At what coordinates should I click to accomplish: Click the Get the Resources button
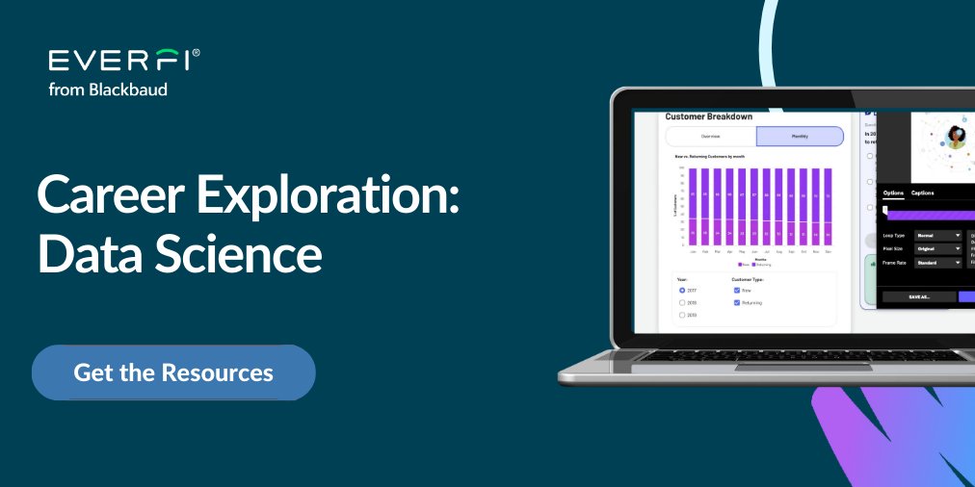click(x=173, y=372)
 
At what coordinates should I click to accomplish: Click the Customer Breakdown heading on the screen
click(x=709, y=116)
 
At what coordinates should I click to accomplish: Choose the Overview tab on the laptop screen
click(x=710, y=137)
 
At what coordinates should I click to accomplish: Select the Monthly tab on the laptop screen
click(x=799, y=137)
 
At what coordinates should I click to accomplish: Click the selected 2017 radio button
click(x=682, y=289)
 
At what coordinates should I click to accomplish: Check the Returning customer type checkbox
click(x=737, y=302)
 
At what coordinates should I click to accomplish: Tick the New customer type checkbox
click(x=737, y=289)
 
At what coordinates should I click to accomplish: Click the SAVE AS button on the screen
click(x=918, y=297)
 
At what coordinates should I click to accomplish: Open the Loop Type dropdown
click(x=937, y=235)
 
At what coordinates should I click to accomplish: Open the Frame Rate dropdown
click(x=937, y=262)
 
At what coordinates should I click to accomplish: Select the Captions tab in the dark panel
click(x=922, y=192)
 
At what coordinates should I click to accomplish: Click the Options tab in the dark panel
click(x=893, y=192)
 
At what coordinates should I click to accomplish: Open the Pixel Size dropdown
click(x=937, y=248)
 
